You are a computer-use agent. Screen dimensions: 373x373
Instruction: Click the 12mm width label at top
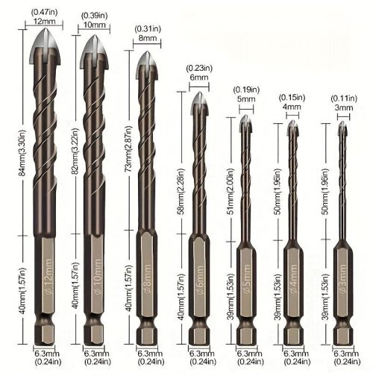[45, 21]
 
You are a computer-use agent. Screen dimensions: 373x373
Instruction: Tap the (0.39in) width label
[94, 16]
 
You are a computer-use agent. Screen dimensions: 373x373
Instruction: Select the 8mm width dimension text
[148, 38]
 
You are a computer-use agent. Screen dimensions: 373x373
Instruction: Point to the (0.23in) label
[199, 68]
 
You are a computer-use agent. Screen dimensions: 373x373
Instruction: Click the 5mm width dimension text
[246, 99]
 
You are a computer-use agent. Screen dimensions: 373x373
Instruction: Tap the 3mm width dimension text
[344, 107]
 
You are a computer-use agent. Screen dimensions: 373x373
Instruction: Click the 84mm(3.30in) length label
[22, 153]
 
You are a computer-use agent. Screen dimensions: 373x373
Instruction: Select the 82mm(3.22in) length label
[75, 151]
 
